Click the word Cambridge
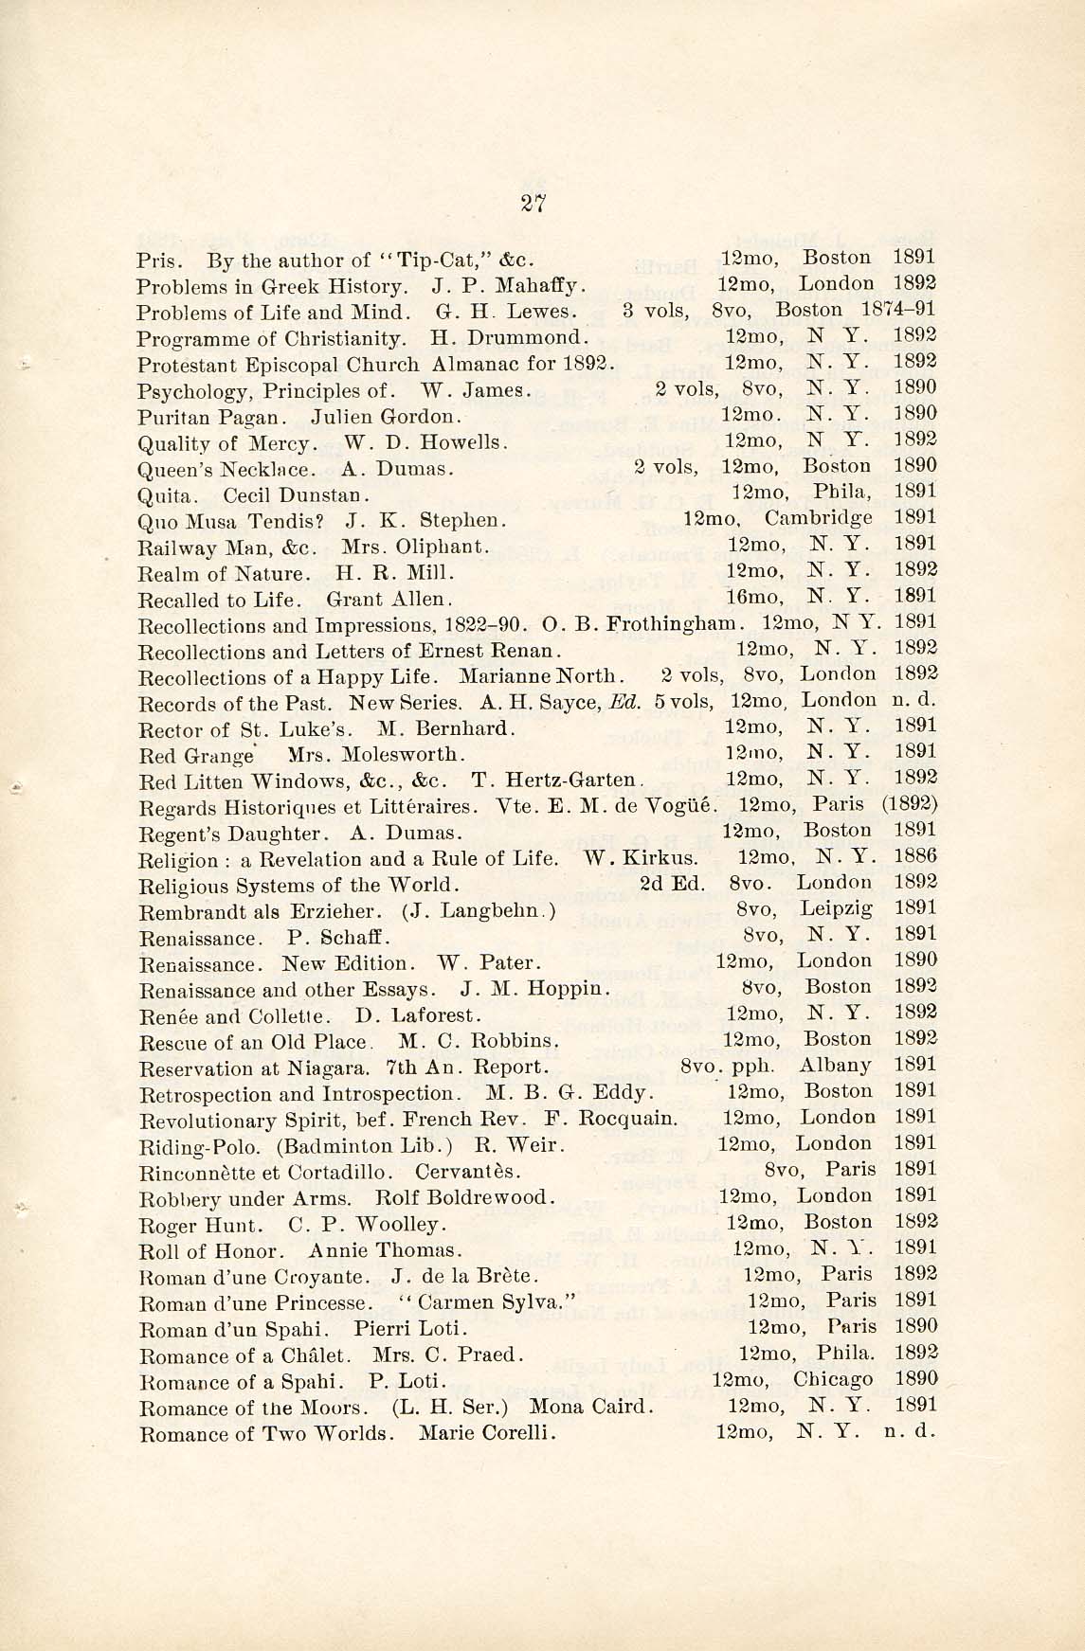[x=818, y=518]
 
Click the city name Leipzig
[x=836, y=908]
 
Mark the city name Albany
[x=835, y=1066]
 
